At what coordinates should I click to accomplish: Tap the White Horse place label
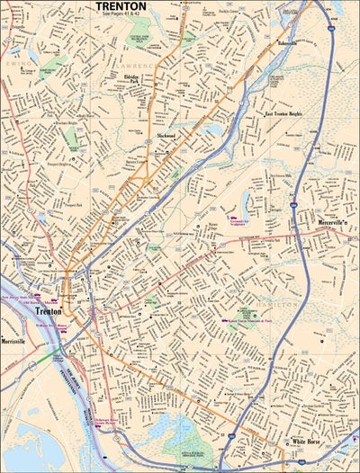point(306,442)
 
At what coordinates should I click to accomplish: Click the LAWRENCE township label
point(139,66)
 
